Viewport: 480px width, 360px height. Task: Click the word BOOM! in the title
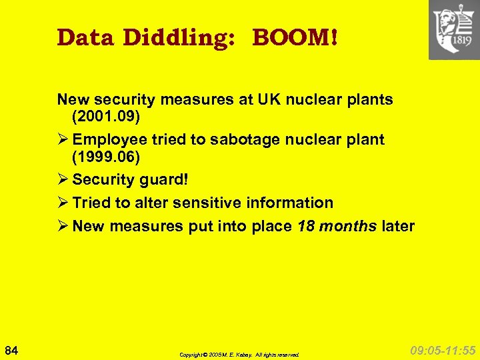click(x=294, y=37)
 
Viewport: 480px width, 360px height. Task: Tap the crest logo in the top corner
click(x=454, y=29)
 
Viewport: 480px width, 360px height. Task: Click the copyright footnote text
click(x=239, y=355)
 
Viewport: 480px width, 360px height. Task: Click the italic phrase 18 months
click(x=337, y=226)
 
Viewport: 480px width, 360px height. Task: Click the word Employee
click(x=109, y=140)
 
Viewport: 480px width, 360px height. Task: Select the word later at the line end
click(x=398, y=226)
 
